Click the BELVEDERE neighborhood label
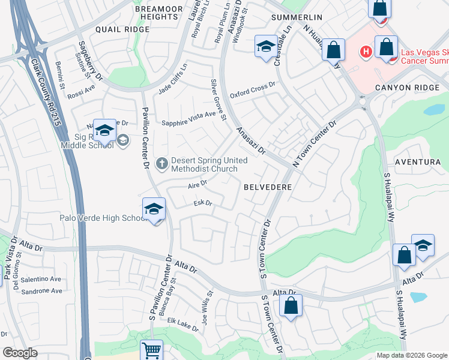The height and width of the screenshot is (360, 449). pyautogui.click(x=268, y=187)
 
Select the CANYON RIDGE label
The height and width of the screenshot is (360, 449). pyautogui.click(x=411, y=88)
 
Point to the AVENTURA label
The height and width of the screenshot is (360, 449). pyautogui.click(x=418, y=162)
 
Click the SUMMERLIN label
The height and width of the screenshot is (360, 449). pyautogui.click(x=297, y=16)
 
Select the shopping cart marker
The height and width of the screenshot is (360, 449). pyautogui.click(x=151, y=349)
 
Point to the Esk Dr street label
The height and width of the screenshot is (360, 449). pyautogui.click(x=203, y=203)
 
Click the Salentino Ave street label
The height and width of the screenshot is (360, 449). pyautogui.click(x=41, y=279)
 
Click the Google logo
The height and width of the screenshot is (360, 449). pyautogui.click(x=20, y=353)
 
